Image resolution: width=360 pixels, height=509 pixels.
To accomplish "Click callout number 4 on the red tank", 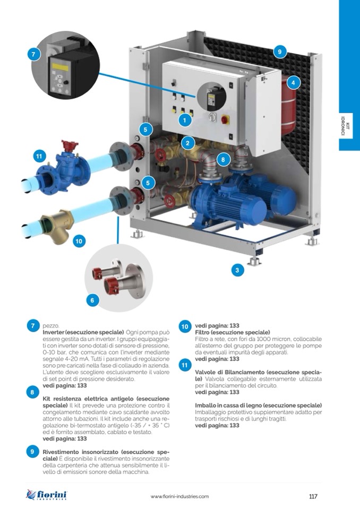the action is [293, 82].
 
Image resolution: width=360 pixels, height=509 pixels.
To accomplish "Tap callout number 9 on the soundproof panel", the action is [280, 51].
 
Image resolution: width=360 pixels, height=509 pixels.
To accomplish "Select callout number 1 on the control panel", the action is [185, 120].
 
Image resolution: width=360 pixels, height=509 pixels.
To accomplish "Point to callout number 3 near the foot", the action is [237, 270].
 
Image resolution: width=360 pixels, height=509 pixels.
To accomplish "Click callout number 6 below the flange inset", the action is [92, 300].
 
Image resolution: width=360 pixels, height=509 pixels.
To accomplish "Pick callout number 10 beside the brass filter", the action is [79, 241].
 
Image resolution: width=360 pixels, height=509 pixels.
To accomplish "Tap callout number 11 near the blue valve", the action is [39, 157].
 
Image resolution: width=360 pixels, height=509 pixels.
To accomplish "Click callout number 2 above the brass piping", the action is [187, 143].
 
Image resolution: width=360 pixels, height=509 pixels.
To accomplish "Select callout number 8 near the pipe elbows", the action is [223, 160].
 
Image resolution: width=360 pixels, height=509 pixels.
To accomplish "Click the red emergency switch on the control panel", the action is [225, 119].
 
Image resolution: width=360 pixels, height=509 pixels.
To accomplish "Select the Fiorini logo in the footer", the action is [46, 495].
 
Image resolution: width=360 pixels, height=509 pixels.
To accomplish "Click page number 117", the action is [313, 496].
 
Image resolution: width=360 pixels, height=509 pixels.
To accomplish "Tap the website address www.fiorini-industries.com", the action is [179, 496].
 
